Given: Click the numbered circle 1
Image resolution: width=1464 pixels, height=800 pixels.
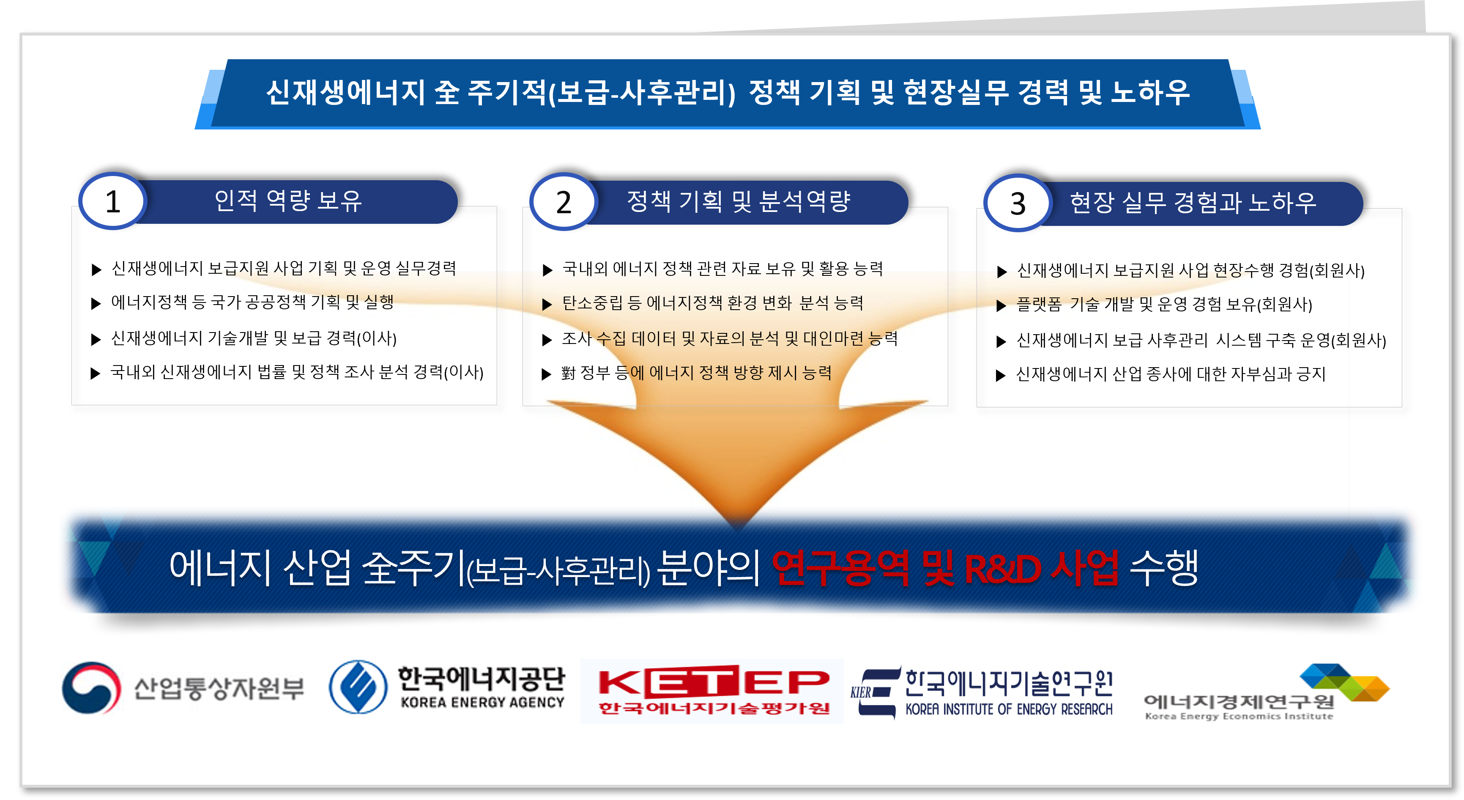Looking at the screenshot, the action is [x=112, y=201].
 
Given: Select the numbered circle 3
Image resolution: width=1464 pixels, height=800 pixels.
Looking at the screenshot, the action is [x=1017, y=203].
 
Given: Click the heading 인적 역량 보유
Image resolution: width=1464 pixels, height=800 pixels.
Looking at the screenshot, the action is [x=288, y=201].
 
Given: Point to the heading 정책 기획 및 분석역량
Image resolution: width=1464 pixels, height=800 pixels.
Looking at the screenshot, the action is [x=738, y=201].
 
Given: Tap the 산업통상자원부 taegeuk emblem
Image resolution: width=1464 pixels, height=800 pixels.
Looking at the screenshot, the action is [x=91, y=687].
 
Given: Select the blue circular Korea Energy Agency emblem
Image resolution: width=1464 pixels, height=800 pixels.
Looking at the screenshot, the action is [x=358, y=687].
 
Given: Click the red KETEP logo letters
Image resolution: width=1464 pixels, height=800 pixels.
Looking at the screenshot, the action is [x=714, y=681].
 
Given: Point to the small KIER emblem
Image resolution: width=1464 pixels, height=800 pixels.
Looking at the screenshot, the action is [x=876, y=691].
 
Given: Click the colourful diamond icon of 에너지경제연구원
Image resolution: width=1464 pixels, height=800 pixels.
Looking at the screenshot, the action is [x=1345, y=682].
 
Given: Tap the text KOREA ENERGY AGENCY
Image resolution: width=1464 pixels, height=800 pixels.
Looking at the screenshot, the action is [x=482, y=703].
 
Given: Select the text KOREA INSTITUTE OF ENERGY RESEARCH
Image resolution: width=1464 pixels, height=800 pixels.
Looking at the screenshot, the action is [x=1009, y=709].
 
